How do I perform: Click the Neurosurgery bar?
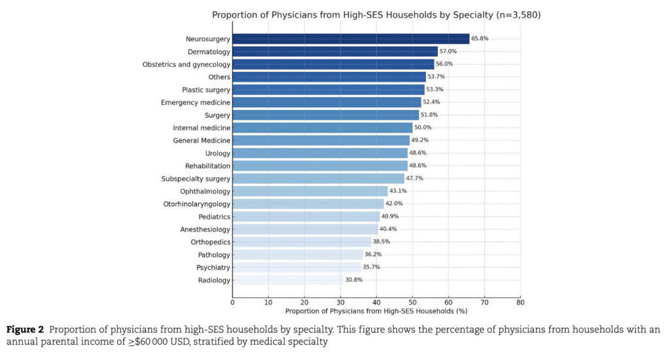tap(351, 39)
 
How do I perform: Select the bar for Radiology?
tap(287, 280)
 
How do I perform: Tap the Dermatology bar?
tap(335, 51)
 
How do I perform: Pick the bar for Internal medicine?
tap(322, 128)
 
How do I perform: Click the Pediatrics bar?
tap(306, 217)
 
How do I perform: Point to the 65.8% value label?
tap(480, 39)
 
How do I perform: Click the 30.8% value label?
tap(354, 280)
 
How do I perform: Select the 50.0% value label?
tap(423, 128)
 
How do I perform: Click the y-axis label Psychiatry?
tap(213, 268)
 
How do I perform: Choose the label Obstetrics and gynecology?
tap(186, 64)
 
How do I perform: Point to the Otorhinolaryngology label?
tap(197, 204)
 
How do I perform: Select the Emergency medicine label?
tap(196, 102)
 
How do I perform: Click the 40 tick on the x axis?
tap(376, 302)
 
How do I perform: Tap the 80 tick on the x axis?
tap(520, 302)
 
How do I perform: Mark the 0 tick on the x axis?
tap(232, 302)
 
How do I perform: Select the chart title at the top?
tap(376, 14)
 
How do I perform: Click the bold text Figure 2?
tap(25, 328)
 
